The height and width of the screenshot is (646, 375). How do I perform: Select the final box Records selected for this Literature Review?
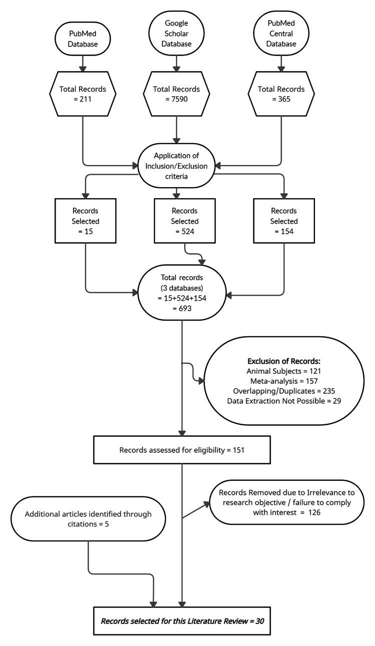click(182, 621)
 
